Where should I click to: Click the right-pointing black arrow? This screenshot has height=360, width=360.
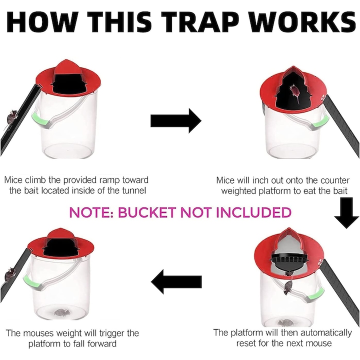(x=176, y=121)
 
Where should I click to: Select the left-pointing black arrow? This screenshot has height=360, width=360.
(x=176, y=281)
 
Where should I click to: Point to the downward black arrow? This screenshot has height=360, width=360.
(x=346, y=213)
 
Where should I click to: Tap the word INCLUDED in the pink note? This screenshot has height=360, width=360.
(x=253, y=212)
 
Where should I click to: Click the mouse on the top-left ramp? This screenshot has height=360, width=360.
(x=11, y=117)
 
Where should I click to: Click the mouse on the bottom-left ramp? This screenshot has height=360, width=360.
(x=9, y=273)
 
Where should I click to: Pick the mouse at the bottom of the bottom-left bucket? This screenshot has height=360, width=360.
(x=62, y=312)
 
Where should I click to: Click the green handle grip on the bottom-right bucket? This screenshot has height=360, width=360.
(x=314, y=294)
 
